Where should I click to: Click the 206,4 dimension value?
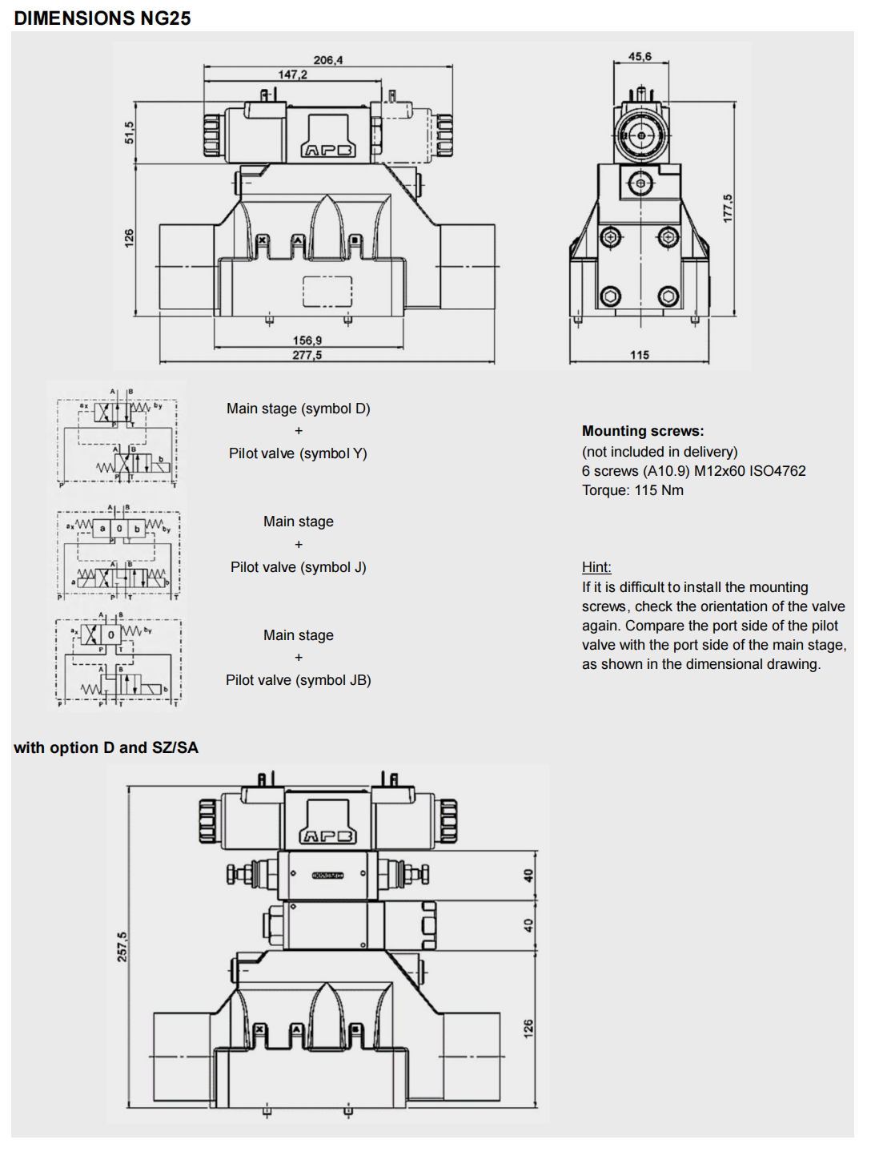(x=328, y=60)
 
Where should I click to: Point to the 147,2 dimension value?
(x=292, y=75)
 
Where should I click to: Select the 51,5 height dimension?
(x=130, y=132)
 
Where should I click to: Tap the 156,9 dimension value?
(x=307, y=340)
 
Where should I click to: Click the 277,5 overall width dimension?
(x=307, y=355)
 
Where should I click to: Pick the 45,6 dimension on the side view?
(x=640, y=57)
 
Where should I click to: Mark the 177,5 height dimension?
(x=728, y=208)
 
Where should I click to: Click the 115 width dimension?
(x=640, y=355)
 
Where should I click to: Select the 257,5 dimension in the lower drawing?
(x=122, y=947)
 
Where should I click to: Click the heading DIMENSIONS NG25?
(x=102, y=18)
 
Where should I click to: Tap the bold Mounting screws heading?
(x=643, y=431)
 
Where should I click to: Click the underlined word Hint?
(x=596, y=567)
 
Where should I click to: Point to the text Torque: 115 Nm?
(x=632, y=490)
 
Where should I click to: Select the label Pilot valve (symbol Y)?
(x=298, y=453)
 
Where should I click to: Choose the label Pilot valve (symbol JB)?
(x=298, y=680)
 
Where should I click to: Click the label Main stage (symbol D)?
(x=298, y=409)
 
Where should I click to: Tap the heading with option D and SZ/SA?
(x=106, y=747)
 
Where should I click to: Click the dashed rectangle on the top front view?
(x=327, y=292)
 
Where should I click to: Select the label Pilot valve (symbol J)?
(x=298, y=567)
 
